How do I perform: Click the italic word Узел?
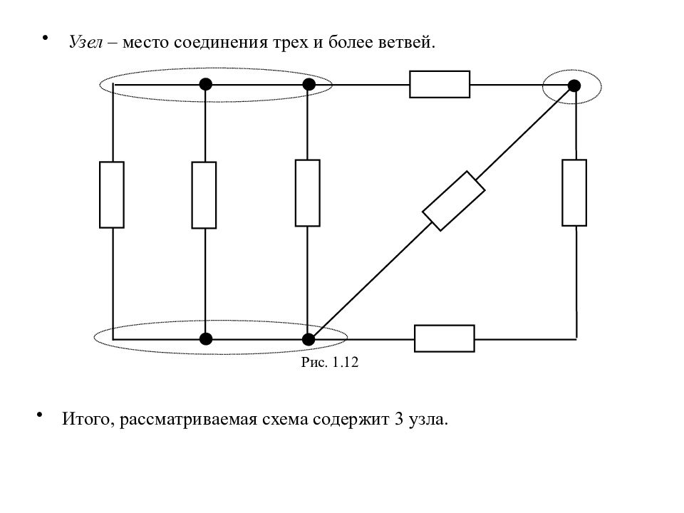86,42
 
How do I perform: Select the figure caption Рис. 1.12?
330,362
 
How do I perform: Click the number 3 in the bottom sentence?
399,419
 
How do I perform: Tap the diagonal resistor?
454,201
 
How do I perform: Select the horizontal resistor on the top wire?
440,84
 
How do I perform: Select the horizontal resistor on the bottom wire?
445,338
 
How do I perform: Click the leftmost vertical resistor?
112,195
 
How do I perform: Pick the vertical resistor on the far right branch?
574,192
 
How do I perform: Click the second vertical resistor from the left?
204,195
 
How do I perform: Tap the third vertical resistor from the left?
308,193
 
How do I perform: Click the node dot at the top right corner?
574,86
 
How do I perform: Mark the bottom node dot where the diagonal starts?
309,339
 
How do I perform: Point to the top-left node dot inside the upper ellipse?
205,84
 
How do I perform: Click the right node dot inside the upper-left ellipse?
309,84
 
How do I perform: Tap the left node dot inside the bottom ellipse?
205,339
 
